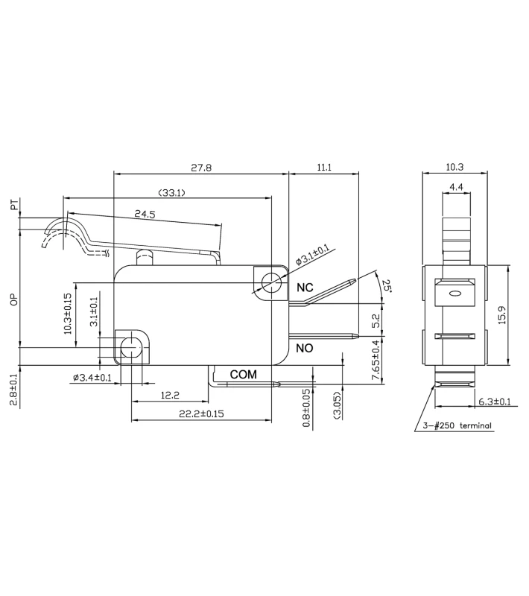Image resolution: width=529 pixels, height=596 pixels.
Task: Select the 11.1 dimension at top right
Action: click(323, 168)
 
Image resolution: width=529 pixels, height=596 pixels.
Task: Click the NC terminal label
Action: click(305, 288)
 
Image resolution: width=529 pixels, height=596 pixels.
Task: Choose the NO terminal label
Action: click(305, 348)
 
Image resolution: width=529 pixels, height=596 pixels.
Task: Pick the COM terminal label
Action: click(243, 374)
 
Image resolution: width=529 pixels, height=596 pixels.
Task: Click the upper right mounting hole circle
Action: click(271, 282)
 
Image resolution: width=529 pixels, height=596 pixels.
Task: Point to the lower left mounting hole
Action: click(132, 347)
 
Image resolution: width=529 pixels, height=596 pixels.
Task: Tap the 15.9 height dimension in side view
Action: click(502, 316)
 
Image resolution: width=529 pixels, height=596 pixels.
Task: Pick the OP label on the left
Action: click(13, 299)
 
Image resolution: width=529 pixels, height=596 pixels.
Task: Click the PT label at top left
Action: click(13, 205)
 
